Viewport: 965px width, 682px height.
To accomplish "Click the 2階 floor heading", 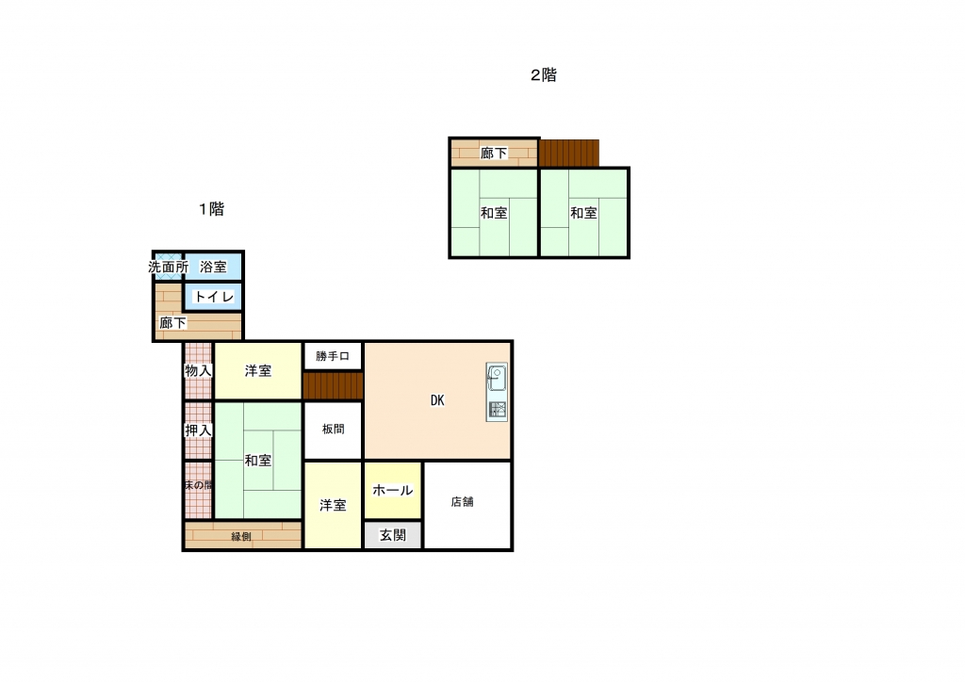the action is pyautogui.click(x=544, y=75).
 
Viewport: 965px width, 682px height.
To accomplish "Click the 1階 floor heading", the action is pyautogui.click(x=211, y=209).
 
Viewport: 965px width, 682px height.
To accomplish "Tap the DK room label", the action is pyautogui.click(x=437, y=400).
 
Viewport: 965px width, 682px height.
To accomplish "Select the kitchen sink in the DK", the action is pyautogui.click(x=497, y=378).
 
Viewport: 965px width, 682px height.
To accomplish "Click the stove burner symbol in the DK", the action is pyautogui.click(x=498, y=410).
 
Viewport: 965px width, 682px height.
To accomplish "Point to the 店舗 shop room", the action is pyautogui.click(x=467, y=505).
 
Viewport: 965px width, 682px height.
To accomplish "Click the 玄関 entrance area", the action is pyautogui.click(x=393, y=535).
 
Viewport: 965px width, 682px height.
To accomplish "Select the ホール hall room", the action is pyautogui.click(x=393, y=491).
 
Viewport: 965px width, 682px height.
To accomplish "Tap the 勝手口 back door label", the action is pyautogui.click(x=333, y=356).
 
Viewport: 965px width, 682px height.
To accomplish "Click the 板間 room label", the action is pyautogui.click(x=333, y=430).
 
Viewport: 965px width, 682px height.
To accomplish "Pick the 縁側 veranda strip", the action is pyautogui.click(x=243, y=535).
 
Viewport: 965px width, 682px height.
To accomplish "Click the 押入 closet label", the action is pyautogui.click(x=198, y=430).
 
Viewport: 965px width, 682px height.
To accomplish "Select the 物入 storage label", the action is pyautogui.click(x=198, y=371).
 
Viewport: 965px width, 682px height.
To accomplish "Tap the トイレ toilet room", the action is pyautogui.click(x=214, y=297).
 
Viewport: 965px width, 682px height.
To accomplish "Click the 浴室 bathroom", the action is pyautogui.click(x=213, y=267).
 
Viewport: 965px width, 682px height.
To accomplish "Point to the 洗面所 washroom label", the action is pyautogui.click(x=168, y=267).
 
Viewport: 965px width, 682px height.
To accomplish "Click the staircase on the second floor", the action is pyautogui.click(x=569, y=154).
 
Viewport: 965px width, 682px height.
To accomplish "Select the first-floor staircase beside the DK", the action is pyautogui.click(x=333, y=386).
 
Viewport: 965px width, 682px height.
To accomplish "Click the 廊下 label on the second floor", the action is pyautogui.click(x=494, y=154).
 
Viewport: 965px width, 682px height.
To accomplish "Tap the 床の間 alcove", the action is pyautogui.click(x=198, y=490).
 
